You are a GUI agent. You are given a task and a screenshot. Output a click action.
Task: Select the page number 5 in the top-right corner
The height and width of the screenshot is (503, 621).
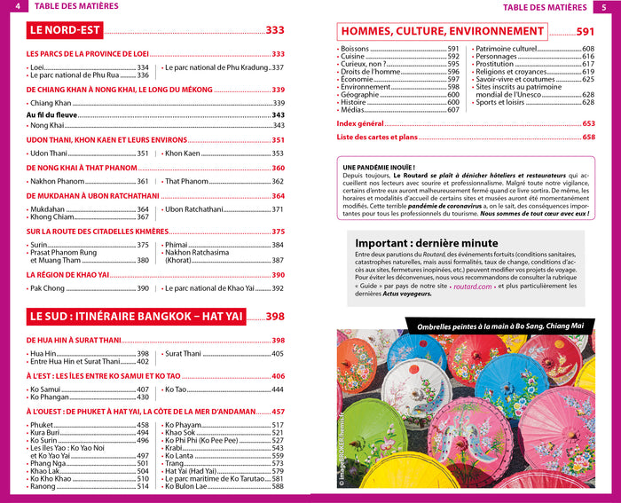pyautogui.click(x=603, y=8)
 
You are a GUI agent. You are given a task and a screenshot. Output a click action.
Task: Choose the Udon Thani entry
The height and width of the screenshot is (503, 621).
pyautogui.click(x=48, y=153)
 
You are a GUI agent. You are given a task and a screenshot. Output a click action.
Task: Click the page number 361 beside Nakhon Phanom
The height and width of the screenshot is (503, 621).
pyautogui.click(x=142, y=181)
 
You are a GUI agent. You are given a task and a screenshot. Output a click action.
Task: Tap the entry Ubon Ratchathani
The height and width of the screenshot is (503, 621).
pyautogui.click(x=194, y=209)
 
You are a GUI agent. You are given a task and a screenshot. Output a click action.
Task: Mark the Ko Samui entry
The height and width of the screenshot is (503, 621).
pyautogui.click(x=46, y=389)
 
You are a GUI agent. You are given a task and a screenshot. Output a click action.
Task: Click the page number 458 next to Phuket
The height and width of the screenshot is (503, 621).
pyautogui.click(x=142, y=425)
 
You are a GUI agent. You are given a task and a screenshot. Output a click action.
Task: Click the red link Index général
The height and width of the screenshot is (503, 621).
pyautogui.click(x=360, y=123)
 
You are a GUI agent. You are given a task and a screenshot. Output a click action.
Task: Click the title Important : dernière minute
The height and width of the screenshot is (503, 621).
pyautogui.click(x=426, y=243)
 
